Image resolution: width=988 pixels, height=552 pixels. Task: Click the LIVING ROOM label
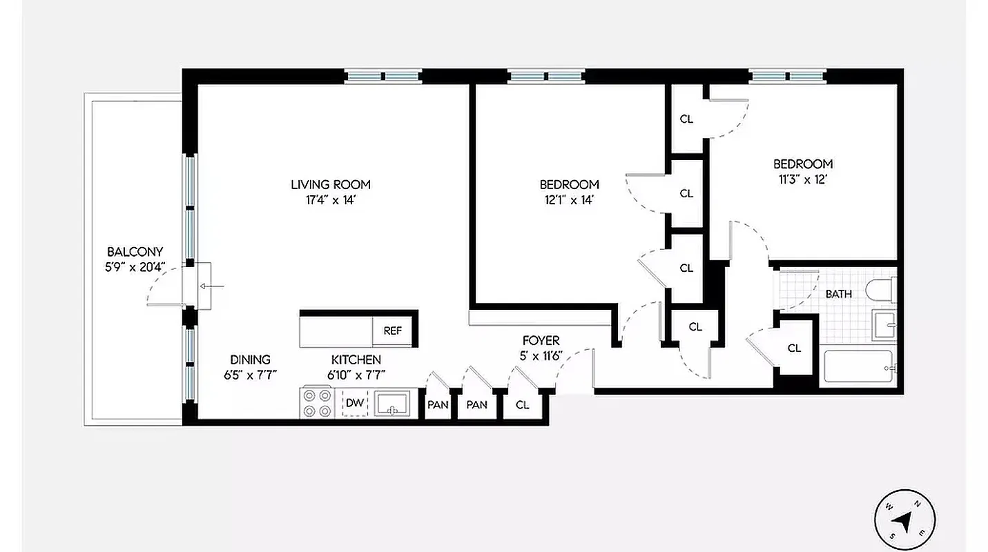[330, 184]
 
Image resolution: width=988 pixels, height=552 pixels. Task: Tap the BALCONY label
[135, 252]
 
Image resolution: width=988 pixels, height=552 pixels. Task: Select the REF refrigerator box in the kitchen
[392, 331]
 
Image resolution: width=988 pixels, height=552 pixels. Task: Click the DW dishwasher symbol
[354, 403]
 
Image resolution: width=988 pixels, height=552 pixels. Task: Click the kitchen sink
[392, 404]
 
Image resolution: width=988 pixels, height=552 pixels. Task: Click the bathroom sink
[884, 324]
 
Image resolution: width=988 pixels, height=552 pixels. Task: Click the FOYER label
[541, 340]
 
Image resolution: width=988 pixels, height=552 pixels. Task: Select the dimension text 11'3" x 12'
[802, 179]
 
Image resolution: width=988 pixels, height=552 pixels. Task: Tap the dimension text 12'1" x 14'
[569, 200]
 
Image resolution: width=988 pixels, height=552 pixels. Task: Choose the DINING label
[250, 359]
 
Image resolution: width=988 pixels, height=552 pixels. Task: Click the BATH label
[838, 294]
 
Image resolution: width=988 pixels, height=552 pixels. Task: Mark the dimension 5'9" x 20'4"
[135, 268]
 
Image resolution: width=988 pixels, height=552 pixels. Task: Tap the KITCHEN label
[356, 359]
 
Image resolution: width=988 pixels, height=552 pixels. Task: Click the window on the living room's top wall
[383, 76]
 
